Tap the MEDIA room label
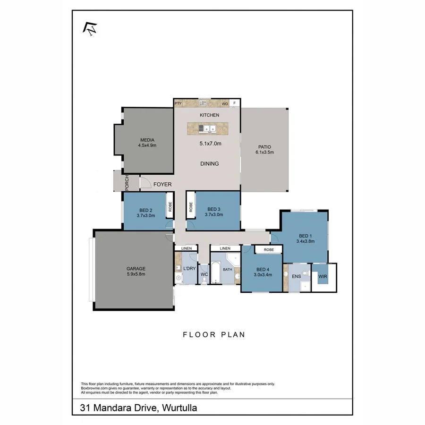pyautogui.click(x=147, y=139)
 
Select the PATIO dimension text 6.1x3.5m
pyautogui.click(x=264, y=152)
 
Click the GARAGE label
pyautogui.click(x=135, y=268)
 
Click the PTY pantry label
pyautogui.click(x=178, y=103)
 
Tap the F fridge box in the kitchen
pyautogui.click(x=235, y=103)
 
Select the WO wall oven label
pyautogui.click(x=225, y=103)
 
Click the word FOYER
pyautogui.click(x=162, y=184)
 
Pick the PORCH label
pyautogui.click(x=127, y=183)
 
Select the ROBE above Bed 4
pyautogui.click(x=269, y=249)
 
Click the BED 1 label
pyautogui.click(x=305, y=236)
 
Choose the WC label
pyautogui.click(x=204, y=274)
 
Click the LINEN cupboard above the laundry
pyautogui.click(x=186, y=248)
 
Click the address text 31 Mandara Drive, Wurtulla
pyautogui.click(x=138, y=407)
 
